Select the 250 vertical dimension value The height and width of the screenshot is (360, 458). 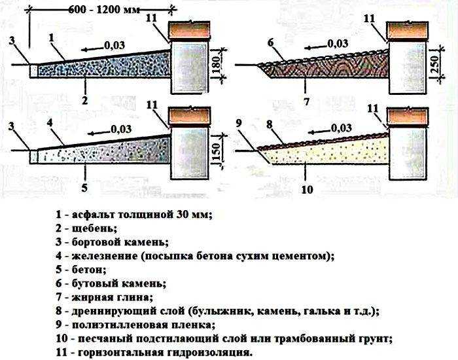(435, 63)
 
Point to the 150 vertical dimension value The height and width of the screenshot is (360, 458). (217, 151)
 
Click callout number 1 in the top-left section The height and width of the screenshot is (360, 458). (52, 38)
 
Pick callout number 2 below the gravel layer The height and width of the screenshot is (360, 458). (84, 101)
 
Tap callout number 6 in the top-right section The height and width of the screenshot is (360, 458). (270, 43)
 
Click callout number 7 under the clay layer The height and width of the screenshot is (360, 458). (306, 101)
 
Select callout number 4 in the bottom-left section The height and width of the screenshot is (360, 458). (50, 123)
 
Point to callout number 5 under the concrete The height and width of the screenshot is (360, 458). (84, 188)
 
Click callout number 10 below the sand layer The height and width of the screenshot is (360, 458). (307, 189)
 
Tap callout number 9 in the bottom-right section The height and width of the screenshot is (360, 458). (239, 123)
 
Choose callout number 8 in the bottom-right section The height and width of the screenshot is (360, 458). (269, 124)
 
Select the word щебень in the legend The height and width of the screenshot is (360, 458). (94, 228)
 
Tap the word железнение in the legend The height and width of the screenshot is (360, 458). (105, 256)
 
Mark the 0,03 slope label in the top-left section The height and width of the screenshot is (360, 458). (114, 45)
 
